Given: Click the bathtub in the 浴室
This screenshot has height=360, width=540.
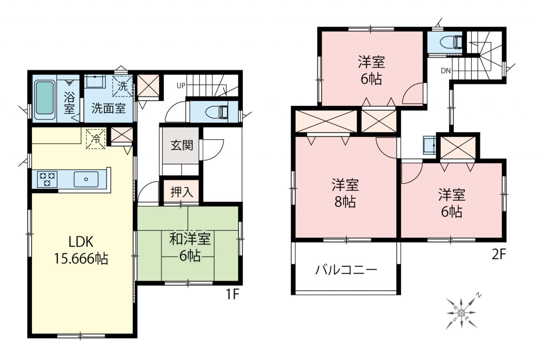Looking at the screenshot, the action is [x=44, y=100].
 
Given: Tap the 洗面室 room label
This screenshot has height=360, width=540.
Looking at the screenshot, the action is [x=108, y=108].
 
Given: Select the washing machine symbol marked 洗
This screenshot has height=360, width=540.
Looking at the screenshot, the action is [x=122, y=86].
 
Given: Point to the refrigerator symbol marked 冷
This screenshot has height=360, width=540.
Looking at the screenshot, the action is [x=96, y=139].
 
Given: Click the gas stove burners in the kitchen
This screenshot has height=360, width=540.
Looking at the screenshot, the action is [x=47, y=179].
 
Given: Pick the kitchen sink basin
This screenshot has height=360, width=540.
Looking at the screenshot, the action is [x=86, y=179].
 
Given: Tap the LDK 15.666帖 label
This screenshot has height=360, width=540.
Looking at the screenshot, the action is [x=81, y=250].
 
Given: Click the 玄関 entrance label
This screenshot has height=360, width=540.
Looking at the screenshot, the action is [x=182, y=146].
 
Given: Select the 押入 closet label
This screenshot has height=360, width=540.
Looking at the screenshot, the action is [x=182, y=192].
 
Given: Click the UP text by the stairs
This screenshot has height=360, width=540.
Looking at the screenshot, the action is [x=181, y=86].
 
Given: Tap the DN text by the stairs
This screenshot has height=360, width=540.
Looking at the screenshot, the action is [x=446, y=70].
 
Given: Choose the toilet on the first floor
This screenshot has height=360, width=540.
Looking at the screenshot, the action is [x=217, y=112].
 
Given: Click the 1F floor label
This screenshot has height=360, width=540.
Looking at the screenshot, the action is [x=232, y=294].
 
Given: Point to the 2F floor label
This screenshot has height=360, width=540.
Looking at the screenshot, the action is [x=498, y=254].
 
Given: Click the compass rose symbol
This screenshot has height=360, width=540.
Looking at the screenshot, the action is [x=462, y=312].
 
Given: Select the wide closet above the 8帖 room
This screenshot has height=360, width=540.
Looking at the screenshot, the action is [x=326, y=121].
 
